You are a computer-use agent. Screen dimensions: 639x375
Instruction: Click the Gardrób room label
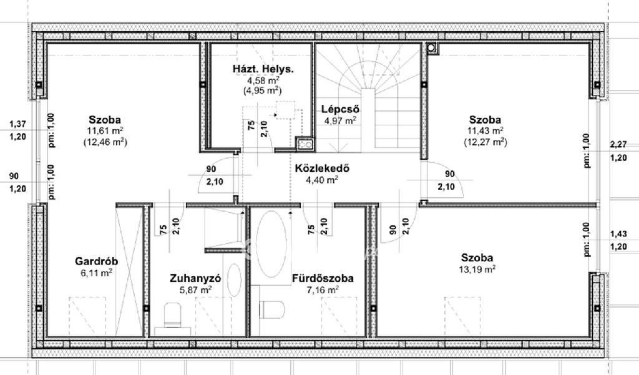(96, 261)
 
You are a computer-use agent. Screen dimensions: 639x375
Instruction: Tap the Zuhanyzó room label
(195, 278)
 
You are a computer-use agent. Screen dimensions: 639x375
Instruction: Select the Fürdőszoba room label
(323, 278)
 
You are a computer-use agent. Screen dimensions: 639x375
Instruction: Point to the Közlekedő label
(322, 168)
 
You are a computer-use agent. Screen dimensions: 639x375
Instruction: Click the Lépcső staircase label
(340, 109)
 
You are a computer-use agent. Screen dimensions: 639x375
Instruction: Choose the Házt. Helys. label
(263, 69)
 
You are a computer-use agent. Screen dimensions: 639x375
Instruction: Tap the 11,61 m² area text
(105, 131)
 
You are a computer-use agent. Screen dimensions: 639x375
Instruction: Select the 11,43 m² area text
(485, 131)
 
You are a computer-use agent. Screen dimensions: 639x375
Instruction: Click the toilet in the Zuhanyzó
(173, 314)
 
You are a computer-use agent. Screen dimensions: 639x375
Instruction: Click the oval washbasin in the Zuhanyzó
(235, 280)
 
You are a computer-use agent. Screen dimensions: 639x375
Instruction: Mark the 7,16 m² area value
(323, 290)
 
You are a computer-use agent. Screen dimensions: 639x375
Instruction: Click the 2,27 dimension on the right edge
(618, 144)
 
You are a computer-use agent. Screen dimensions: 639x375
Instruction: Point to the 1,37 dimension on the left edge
(17, 124)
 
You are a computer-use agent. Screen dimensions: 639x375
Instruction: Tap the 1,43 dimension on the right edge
(618, 233)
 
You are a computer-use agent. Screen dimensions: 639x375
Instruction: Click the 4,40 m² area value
(322, 180)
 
